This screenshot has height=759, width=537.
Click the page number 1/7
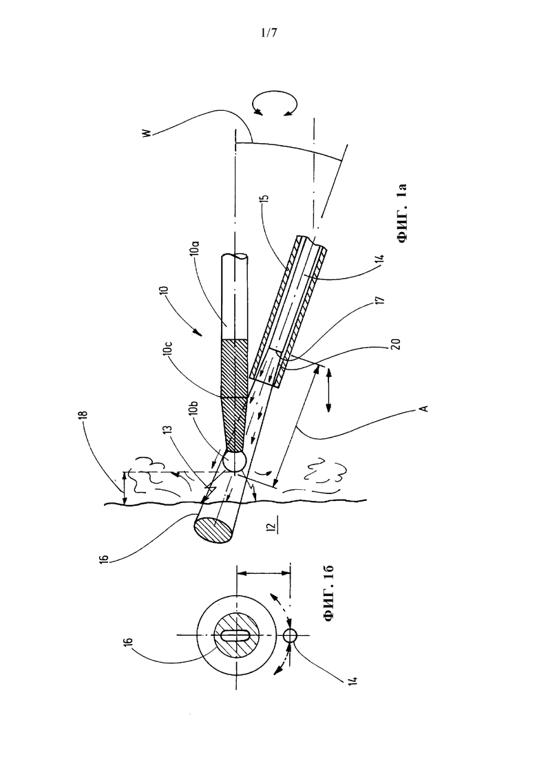coord(268,34)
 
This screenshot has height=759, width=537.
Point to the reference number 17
coord(381,301)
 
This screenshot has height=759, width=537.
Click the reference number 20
coord(397,345)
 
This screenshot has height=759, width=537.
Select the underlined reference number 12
coord(272,525)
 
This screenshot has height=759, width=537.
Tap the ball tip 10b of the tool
coord(235,462)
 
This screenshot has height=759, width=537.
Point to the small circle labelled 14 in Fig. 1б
coord(290,634)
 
